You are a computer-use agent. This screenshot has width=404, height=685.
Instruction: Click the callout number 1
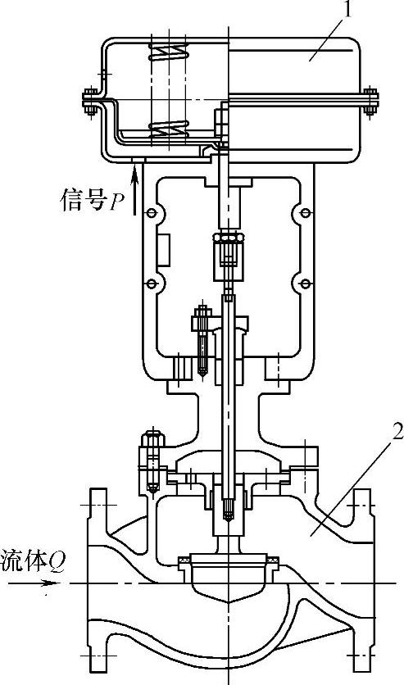[x=347, y=9]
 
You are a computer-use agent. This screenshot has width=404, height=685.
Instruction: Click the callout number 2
[x=396, y=433]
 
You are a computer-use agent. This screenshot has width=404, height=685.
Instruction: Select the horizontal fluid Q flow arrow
[x=34, y=583]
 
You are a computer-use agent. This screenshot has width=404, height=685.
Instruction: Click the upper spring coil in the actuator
[x=168, y=52]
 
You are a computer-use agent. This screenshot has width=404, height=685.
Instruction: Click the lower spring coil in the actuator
[x=168, y=129]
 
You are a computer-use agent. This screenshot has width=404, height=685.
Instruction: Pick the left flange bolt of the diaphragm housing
[x=90, y=102]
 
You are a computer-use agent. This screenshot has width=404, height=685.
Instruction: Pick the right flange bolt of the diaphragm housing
[x=370, y=102]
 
